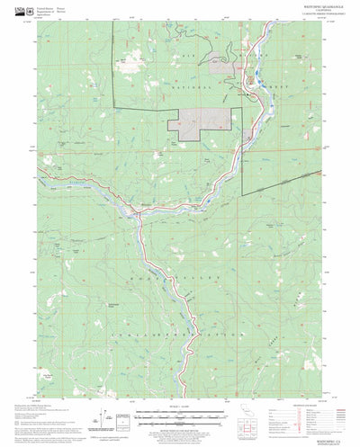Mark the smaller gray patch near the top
coord(224,62)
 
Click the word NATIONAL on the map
coord(184,76)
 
